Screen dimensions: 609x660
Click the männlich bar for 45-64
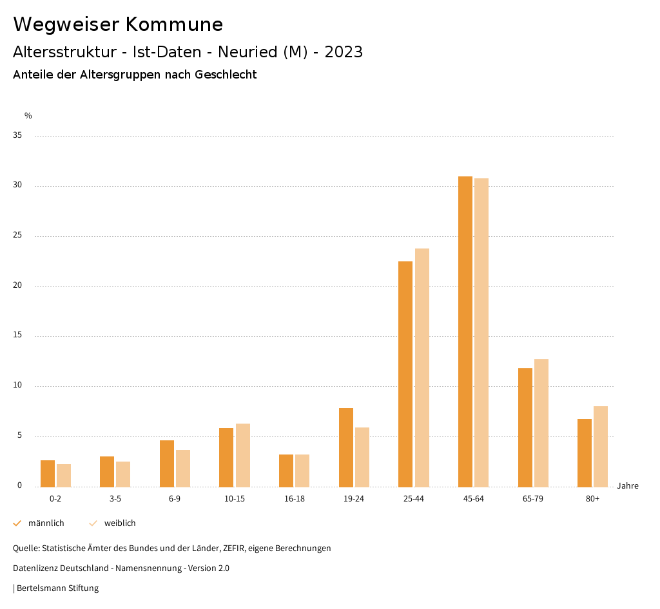click(465, 332)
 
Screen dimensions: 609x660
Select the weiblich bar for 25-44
click(422, 368)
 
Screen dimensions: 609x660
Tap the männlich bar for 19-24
click(345, 447)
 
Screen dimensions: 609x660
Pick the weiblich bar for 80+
click(601, 446)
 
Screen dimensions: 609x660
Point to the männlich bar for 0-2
click(48, 473)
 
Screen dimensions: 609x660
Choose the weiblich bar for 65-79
click(541, 423)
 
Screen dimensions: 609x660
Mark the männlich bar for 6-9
click(167, 464)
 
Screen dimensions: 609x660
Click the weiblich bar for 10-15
click(242, 455)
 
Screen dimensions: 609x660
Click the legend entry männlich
click(46, 523)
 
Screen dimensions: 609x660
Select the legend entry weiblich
click(120, 523)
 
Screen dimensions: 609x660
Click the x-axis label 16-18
click(294, 499)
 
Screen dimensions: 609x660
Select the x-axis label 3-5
click(115, 499)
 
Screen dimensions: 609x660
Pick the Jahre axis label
click(627, 486)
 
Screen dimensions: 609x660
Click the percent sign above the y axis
click(28, 116)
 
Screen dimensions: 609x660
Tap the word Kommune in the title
click(173, 24)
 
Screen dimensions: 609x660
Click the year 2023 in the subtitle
click(344, 52)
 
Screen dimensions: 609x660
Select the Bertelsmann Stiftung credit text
click(57, 588)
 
